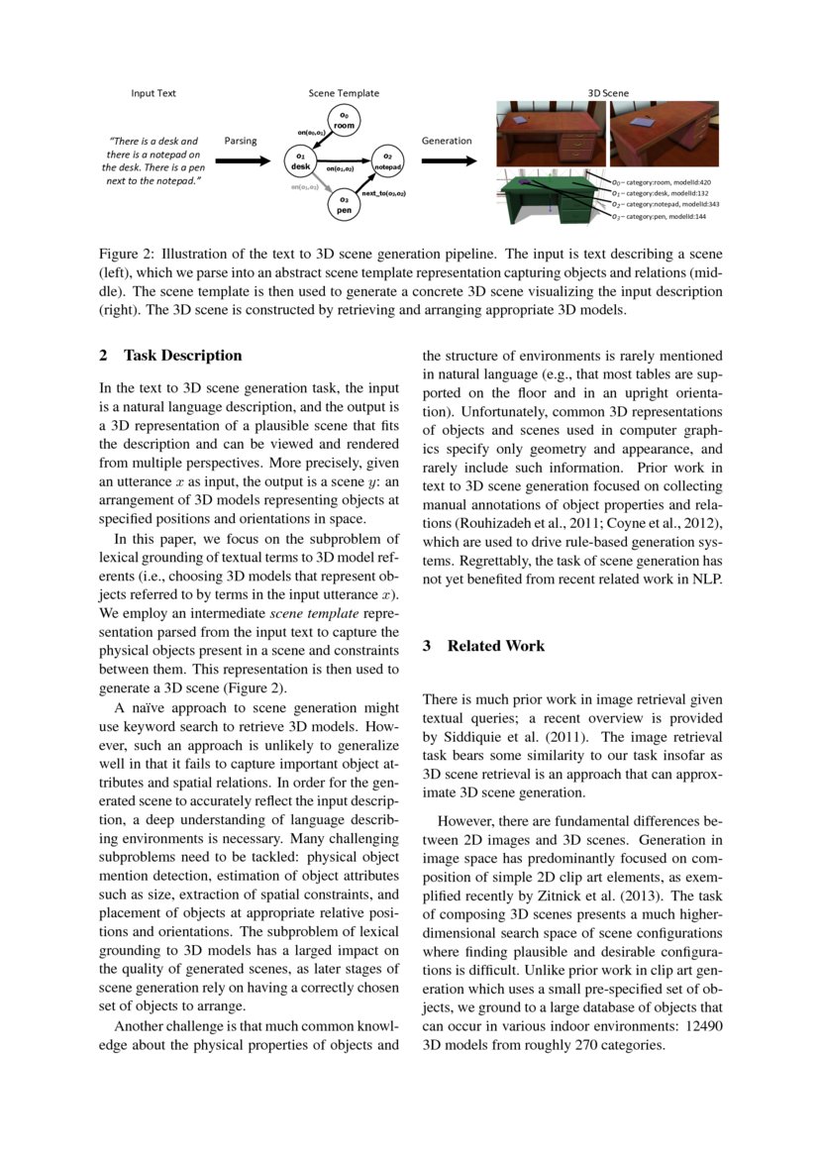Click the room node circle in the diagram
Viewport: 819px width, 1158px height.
point(344,121)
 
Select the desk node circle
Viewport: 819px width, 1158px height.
point(298,160)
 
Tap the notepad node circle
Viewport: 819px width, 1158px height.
point(387,160)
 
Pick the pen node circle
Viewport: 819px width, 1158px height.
point(343,204)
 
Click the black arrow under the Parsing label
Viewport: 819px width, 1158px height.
point(241,159)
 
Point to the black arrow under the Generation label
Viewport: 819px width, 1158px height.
point(447,159)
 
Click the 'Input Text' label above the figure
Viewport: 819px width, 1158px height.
point(154,93)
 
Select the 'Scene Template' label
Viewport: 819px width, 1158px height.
point(344,93)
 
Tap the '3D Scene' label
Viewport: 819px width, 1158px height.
point(608,93)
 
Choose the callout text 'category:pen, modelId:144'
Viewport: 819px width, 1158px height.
point(658,216)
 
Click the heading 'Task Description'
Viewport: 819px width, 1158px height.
point(182,356)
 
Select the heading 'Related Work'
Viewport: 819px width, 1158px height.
point(496,646)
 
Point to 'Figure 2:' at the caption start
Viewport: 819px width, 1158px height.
point(128,255)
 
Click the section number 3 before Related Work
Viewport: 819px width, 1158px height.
point(427,646)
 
